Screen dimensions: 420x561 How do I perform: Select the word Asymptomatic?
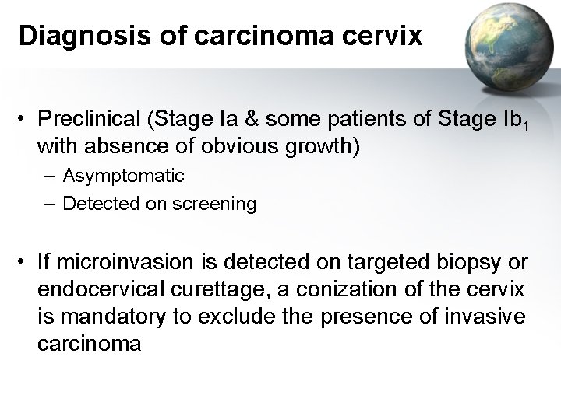coord(124,176)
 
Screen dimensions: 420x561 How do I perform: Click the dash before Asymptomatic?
coord(51,176)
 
